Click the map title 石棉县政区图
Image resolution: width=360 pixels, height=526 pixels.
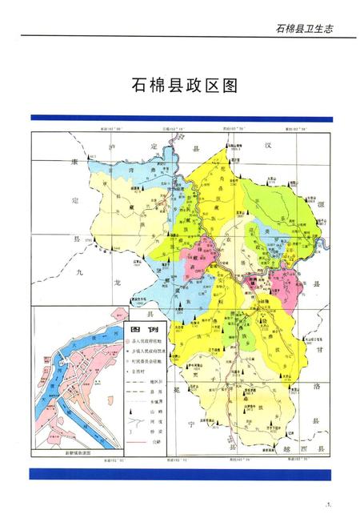180,86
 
